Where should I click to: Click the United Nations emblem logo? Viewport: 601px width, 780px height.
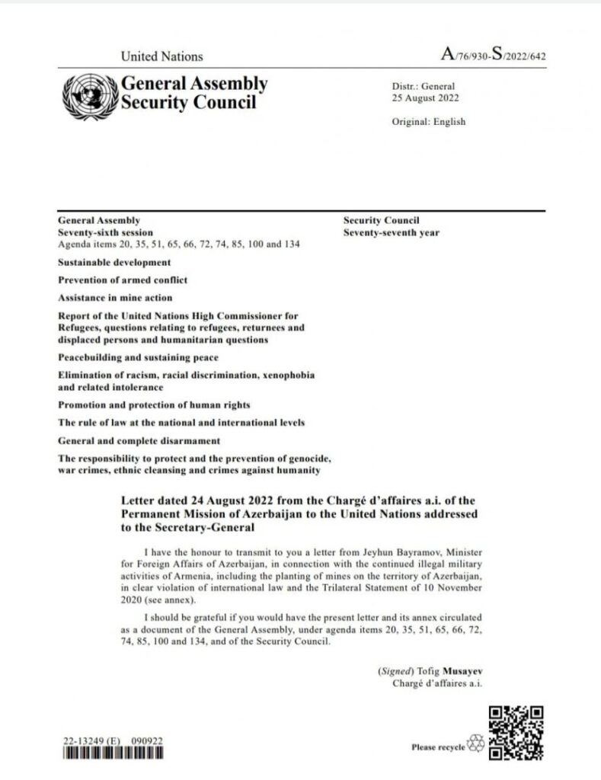tap(88, 95)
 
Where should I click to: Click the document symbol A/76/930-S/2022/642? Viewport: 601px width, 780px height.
tap(494, 56)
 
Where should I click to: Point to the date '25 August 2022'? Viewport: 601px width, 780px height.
tap(425, 98)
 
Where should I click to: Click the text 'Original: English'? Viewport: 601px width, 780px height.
tap(428, 122)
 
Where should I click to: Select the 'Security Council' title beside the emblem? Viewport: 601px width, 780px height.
tap(189, 102)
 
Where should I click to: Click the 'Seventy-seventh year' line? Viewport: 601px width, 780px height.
tap(391, 232)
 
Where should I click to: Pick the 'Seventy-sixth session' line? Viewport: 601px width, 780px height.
tap(105, 232)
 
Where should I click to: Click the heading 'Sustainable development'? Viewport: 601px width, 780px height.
tap(114, 262)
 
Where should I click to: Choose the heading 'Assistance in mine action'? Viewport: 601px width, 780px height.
tap(115, 298)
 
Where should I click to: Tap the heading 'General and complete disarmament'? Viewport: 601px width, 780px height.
tap(139, 441)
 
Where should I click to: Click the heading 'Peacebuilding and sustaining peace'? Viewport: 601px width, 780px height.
tap(138, 357)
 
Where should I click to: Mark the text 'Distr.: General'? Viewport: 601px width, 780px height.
tap(423, 87)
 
